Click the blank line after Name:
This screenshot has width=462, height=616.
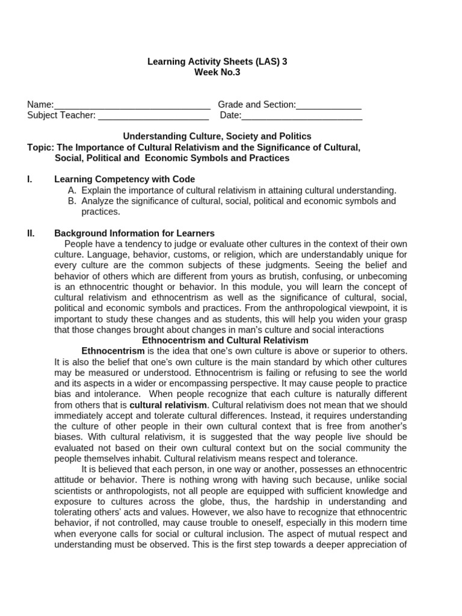click(132, 105)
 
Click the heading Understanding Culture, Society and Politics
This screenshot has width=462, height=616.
click(217, 137)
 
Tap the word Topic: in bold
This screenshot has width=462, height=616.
click(41, 147)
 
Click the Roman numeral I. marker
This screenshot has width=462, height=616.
click(30, 179)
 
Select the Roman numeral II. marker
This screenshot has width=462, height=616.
click(31, 233)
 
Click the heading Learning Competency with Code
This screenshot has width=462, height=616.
click(125, 179)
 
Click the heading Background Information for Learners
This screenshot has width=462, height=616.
click(134, 233)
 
